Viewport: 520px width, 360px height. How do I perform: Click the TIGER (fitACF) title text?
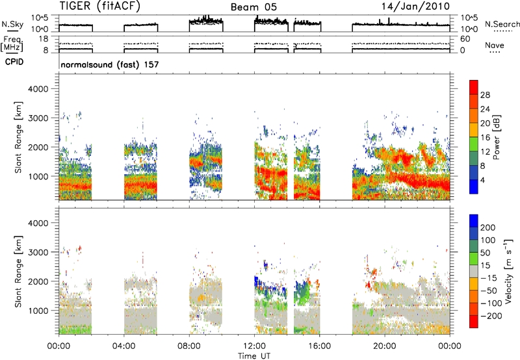click(x=100, y=6)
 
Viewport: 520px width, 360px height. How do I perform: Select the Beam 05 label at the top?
click(x=253, y=7)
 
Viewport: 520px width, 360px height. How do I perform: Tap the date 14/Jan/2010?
click(x=415, y=6)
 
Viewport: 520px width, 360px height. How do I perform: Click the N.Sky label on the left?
click(x=12, y=24)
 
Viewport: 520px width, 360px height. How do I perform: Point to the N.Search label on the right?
click(x=502, y=24)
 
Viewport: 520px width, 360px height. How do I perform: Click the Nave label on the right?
click(x=495, y=45)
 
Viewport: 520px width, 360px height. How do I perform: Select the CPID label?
click(x=14, y=62)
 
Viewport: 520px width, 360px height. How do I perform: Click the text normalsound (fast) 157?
click(x=110, y=64)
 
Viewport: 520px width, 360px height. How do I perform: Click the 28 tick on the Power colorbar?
click(x=485, y=95)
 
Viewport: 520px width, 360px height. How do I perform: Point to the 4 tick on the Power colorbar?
click(x=482, y=180)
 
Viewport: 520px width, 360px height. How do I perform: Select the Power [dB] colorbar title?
click(x=497, y=137)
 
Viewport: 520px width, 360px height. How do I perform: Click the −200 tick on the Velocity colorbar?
click(x=491, y=316)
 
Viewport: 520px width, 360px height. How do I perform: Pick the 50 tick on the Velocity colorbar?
click(x=485, y=253)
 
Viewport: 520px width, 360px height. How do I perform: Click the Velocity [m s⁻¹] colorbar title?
click(x=508, y=271)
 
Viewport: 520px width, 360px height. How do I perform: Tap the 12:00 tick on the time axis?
click(x=254, y=346)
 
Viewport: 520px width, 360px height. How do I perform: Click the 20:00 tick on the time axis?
click(x=385, y=346)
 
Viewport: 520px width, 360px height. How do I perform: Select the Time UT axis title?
click(x=254, y=356)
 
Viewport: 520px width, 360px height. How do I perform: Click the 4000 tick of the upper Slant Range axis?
click(x=38, y=89)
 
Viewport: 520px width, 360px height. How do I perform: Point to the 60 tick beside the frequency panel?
click(x=465, y=39)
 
